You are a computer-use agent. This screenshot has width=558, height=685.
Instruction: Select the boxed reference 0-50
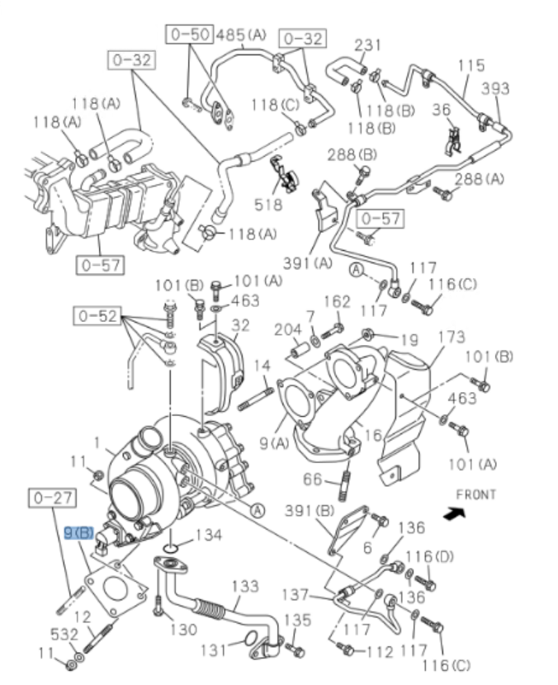(x=189, y=35)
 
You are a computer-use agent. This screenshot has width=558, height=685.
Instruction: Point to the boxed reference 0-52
(x=97, y=316)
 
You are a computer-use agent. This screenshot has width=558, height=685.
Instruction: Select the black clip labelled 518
(x=284, y=172)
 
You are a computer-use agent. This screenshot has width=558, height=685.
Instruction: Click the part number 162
(x=337, y=303)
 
